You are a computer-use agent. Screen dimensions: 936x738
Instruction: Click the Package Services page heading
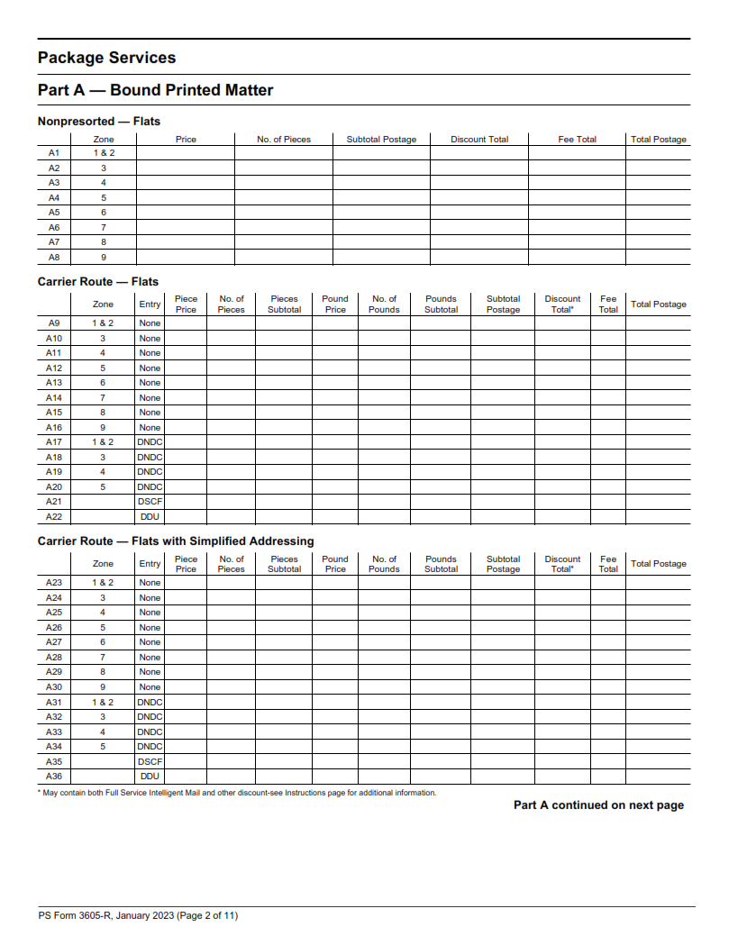point(106,58)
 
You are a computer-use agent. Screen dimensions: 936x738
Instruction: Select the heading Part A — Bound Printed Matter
point(155,90)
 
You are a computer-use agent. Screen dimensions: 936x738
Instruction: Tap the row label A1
point(53,153)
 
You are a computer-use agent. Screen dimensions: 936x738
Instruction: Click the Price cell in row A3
point(185,183)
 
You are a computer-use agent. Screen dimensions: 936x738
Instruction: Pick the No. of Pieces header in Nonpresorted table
point(283,140)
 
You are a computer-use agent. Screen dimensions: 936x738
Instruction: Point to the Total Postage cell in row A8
point(658,257)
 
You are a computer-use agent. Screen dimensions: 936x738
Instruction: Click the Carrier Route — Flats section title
point(97,282)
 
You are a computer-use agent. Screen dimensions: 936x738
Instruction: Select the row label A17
point(53,442)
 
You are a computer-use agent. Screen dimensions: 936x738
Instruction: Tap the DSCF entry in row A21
point(150,502)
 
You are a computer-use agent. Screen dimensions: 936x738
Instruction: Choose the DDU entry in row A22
point(150,517)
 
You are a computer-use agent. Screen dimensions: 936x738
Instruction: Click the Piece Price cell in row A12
point(185,368)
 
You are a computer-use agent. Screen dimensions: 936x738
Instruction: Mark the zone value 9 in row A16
point(103,428)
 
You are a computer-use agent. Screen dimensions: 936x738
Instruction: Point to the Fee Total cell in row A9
point(608,323)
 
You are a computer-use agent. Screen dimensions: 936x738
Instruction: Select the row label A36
point(53,777)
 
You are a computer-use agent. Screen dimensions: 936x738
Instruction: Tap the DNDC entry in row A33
point(150,732)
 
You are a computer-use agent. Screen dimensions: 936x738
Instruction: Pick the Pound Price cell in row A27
point(334,642)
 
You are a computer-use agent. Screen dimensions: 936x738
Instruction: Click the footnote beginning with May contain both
point(237,793)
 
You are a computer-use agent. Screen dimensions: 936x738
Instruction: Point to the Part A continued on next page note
point(598,805)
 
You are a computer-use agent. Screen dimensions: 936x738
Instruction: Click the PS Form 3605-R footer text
point(138,916)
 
